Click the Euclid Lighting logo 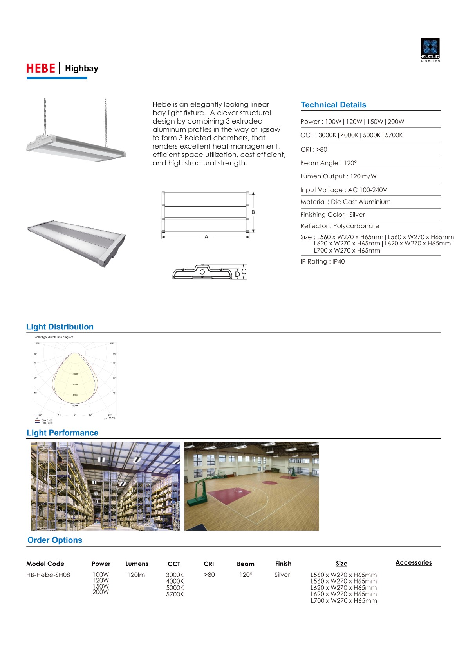[x=430, y=49]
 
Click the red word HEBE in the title [x=40, y=68]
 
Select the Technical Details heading [x=333, y=105]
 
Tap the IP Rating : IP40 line [x=322, y=262]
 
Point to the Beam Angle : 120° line [x=328, y=163]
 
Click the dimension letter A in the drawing [x=206, y=237]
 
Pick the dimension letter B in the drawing [x=253, y=212]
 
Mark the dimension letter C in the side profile [x=244, y=271]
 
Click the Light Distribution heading [x=60, y=327]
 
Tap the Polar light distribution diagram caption [x=54, y=337]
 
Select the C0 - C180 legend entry [x=46, y=420]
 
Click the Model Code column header [x=45, y=564]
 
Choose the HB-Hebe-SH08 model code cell [x=48, y=575]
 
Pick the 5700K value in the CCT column [x=175, y=595]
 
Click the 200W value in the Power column [x=101, y=592]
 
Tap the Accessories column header [x=413, y=563]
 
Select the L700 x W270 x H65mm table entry [x=343, y=601]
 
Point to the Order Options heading [x=55, y=540]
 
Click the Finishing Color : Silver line [x=332, y=215]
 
